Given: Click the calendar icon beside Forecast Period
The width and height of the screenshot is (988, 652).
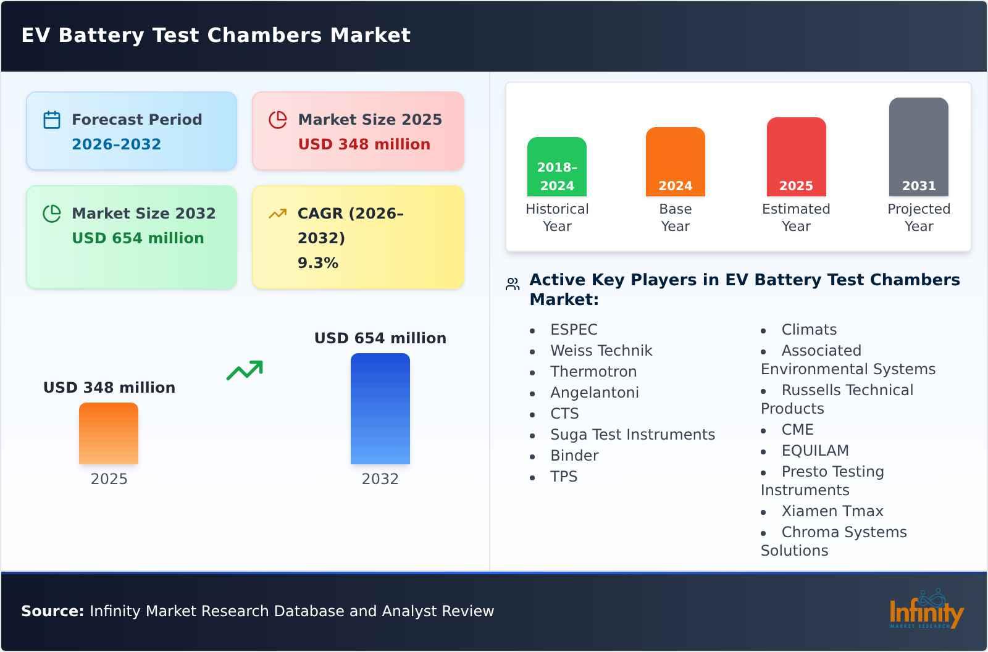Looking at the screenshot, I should pos(52,120).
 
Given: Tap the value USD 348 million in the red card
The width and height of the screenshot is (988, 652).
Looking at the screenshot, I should pos(364,144).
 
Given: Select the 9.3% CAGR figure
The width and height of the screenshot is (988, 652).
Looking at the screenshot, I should pos(317,262).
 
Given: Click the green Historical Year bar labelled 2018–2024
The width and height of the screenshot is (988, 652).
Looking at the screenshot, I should pos(556,167).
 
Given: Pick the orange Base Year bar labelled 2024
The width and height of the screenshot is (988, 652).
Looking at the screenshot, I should pos(675,162).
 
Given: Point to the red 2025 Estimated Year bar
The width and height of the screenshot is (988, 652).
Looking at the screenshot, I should pos(796,157).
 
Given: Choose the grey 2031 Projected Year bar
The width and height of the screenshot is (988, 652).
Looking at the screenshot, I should pos(918,147).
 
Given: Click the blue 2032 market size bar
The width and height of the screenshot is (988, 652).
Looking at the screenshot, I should pos(380,409).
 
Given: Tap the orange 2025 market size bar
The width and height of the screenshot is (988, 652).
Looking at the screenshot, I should pos(109,433).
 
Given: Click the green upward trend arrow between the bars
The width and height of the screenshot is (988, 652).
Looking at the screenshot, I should pos(245,370).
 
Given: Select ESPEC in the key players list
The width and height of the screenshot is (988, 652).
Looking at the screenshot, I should pos(574,330).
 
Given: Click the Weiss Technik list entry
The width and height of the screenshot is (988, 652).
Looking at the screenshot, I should pos(601,351).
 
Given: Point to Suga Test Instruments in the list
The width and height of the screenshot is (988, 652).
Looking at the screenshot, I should pos(632,435).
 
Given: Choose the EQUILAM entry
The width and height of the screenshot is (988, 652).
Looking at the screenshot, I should pos(815,451).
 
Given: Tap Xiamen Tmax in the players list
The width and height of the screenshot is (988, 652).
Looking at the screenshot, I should pos(832,511).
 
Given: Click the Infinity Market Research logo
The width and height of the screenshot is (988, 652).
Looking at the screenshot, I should pos(926,609).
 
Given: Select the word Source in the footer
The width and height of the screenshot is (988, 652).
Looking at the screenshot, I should pos(52,611).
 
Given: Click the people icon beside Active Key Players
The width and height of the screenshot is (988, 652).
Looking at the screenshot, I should pos(513,284).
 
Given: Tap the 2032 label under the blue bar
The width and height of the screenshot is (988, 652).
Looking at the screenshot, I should pos(380,479).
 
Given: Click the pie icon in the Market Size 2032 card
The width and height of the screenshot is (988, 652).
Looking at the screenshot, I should pos(52,214).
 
